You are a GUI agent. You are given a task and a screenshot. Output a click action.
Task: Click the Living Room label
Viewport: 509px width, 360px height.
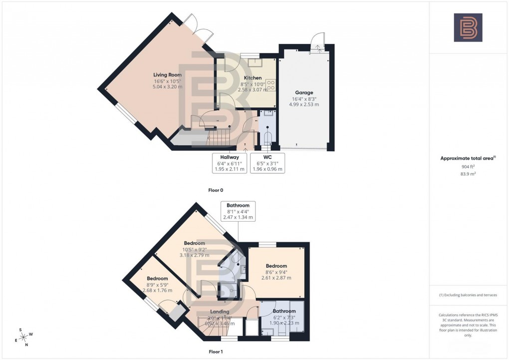point(167,75)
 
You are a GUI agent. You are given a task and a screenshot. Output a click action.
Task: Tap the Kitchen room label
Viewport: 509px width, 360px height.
point(253,78)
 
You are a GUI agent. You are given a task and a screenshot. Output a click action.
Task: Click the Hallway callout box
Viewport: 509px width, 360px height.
point(229,163)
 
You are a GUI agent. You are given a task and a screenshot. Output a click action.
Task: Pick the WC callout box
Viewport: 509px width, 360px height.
point(267,163)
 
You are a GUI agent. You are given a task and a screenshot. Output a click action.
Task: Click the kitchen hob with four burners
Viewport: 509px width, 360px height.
point(271,85)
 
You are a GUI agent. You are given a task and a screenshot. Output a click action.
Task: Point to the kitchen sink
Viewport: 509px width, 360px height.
point(257,62)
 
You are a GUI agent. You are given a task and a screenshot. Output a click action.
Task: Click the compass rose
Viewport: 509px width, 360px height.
point(23,337)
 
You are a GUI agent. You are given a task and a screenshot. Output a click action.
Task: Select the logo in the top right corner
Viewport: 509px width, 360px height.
point(468,27)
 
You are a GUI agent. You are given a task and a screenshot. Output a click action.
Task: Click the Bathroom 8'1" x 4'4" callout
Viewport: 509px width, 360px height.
point(239,211)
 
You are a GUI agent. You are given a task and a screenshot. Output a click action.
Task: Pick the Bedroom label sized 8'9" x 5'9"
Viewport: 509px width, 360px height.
point(157,279)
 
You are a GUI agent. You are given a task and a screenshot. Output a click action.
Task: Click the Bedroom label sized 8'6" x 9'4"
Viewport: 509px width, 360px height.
point(276,266)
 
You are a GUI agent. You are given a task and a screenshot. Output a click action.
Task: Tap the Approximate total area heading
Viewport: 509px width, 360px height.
point(468,158)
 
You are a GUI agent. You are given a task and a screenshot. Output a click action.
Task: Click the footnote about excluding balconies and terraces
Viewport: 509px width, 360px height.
point(468,295)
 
